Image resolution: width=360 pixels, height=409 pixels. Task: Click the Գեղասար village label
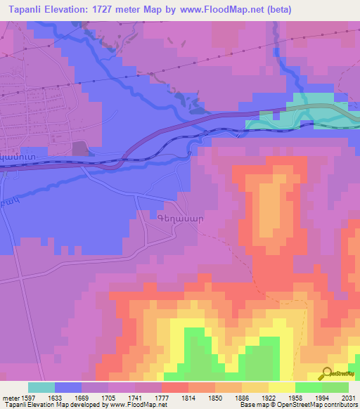pyautogui.click(x=180, y=219)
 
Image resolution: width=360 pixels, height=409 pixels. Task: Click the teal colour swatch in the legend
pyautogui.click(x=41, y=387)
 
